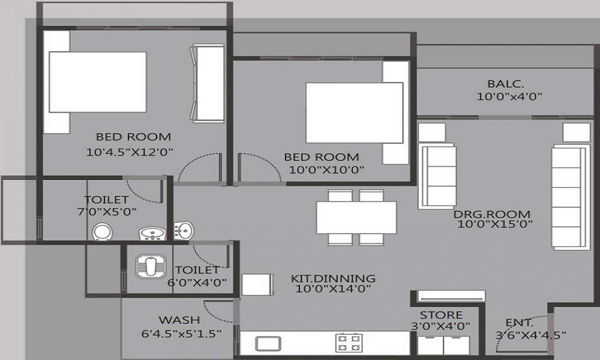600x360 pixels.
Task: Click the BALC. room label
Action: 505,84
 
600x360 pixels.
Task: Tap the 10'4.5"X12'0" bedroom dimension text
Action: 130,152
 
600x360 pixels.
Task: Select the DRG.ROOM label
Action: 492,214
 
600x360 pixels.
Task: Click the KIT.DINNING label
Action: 333,278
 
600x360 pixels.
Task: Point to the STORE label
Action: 441,315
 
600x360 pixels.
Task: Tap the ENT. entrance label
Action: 519,323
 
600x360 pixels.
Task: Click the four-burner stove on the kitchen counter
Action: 349,343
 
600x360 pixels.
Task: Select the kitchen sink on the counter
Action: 268,344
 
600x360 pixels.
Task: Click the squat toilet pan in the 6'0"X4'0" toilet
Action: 151,266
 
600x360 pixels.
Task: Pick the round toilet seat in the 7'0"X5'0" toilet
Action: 103,232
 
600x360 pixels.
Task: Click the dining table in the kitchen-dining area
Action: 356,218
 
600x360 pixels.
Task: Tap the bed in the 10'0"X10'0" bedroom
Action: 355,113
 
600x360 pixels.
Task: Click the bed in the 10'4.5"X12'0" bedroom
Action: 98,82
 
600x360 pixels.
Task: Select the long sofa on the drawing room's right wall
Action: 568,197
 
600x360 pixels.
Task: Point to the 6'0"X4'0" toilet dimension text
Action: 197,283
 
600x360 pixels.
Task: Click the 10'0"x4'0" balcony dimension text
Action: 509,97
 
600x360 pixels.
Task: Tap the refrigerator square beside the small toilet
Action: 257,284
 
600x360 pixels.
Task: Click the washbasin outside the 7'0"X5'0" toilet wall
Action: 184,230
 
